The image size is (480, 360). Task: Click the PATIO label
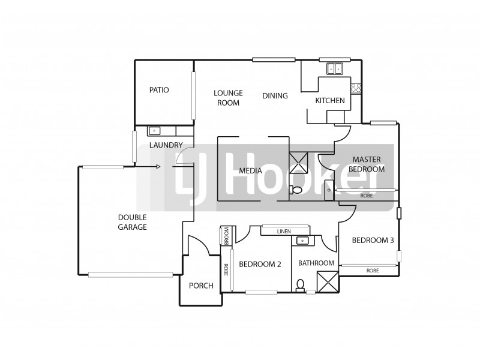pyautogui.click(x=159, y=90)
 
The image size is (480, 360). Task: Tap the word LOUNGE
pyautogui.click(x=229, y=93)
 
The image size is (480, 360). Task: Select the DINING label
pyautogui.click(x=275, y=96)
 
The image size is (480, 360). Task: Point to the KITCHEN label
pyautogui.click(x=330, y=101)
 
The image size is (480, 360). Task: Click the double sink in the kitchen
pyautogui.click(x=334, y=68)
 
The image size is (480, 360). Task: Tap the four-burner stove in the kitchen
pyautogui.click(x=356, y=88)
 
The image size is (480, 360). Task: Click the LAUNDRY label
pyautogui.click(x=166, y=145)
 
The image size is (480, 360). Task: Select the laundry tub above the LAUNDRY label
pyautogui.click(x=154, y=130)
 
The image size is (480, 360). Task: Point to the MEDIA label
pyautogui.click(x=250, y=171)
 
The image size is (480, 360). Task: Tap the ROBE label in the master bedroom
pyautogui.click(x=366, y=196)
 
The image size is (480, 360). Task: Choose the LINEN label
pyautogui.click(x=284, y=232)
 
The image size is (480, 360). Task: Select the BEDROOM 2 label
pyautogui.click(x=260, y=264)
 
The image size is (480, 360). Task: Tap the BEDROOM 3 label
pyautogui.click(x=373, y=241)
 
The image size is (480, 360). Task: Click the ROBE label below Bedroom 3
pyautogui.click(x=373, y=271)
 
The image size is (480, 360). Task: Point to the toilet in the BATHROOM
pyautogui.click(x=300, y=284)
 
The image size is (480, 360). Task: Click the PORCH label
pyautogui.click(x=201, y=286)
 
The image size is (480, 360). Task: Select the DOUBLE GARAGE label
pyautogui.click(x=133, y=222)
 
